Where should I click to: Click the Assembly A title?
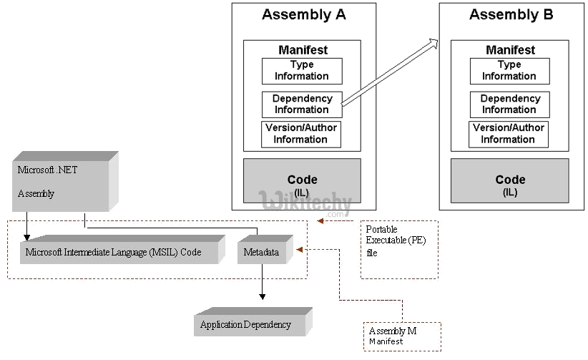[303, 14]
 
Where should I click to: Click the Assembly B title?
[510, 14]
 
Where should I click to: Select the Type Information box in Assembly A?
[302, 71]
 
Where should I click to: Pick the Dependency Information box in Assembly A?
[302, 104]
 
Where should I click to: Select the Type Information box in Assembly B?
[509, 71]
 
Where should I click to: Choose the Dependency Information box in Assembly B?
[509, 104]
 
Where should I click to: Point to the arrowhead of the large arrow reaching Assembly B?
[433, 42]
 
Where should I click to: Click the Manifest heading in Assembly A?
[302, 50]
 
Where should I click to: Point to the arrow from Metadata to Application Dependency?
[263, 282]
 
